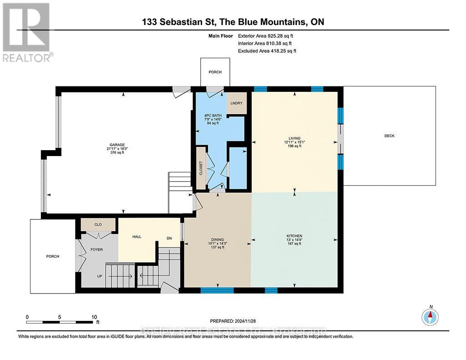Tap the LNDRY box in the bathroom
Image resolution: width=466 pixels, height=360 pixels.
click(237, 103)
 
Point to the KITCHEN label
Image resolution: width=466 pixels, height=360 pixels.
click(294, 236)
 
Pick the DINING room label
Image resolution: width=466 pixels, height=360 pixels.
click(217, 240)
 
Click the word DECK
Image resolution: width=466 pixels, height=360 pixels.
click(389, 136)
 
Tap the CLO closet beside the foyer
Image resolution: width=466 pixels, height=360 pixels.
click(98, 224)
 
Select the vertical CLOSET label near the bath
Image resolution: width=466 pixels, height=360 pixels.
click(201, 168)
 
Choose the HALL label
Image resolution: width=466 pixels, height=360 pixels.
click(137, 237)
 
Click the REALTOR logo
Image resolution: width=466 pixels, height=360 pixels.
click(27, 32)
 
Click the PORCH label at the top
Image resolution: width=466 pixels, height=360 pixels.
click(215, 72)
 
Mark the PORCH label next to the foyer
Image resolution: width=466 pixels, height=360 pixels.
click(53, 256)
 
